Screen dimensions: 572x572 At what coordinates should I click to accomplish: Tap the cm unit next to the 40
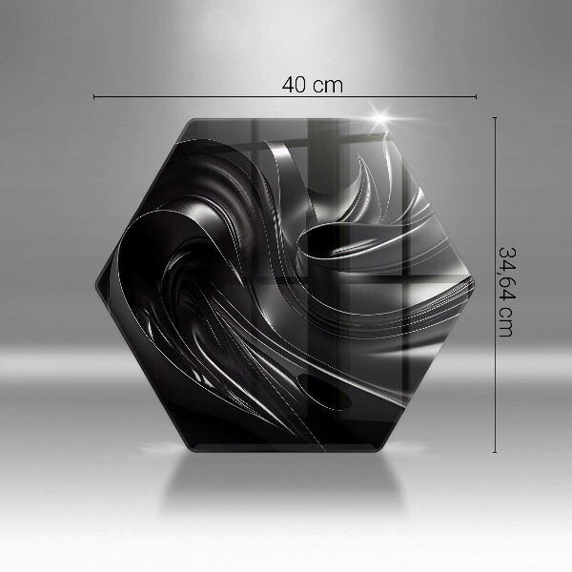pos(327,84)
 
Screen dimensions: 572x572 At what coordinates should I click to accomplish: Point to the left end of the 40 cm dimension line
pos(93,96)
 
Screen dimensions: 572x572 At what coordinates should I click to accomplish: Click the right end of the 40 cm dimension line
pos(476,96)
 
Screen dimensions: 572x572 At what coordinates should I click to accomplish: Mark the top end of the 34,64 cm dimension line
pos(494,117)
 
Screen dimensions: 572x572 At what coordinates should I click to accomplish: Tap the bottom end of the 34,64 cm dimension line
pos(494,452)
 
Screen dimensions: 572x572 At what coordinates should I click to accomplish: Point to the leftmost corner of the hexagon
pos(94,284)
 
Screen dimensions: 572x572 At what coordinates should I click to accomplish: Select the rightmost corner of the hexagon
pos(477,284)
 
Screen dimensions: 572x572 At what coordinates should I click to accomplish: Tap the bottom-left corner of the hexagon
pos(191,450)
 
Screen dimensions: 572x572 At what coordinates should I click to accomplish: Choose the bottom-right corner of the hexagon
pos(381,450)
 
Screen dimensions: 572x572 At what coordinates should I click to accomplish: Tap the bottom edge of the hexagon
pos(286,451)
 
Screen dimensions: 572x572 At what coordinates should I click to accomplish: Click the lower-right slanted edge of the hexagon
pos(430,368)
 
